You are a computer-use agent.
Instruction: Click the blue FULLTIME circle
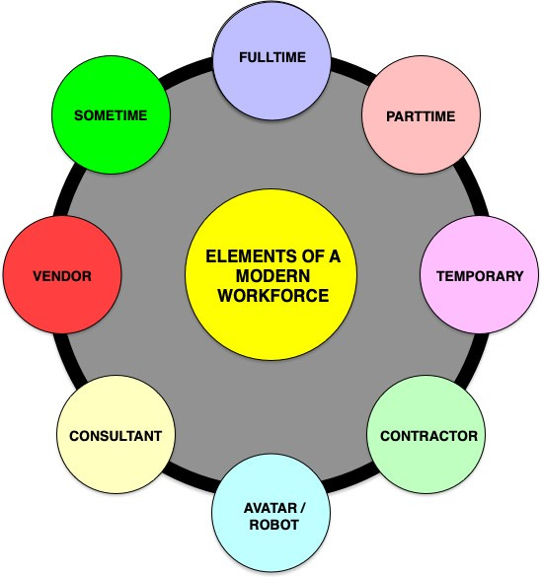pyautogui.click(x=271, y=57)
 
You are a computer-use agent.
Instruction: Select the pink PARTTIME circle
pyautogui.click(x=423, y=116)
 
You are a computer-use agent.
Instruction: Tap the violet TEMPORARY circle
pyautogui.click(x=480, y=276)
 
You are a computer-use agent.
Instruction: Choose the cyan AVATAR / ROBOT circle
pyautogui.click(x=271, y=516)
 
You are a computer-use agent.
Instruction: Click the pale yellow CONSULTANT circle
pyautogui.click(x=116, y=435)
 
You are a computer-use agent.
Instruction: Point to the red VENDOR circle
pyautogui.click(x=61, y=276)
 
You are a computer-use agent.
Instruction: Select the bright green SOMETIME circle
pyautogui.click(x=111, y=115)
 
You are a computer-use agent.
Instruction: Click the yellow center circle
pyautogui.click(x=271, y=276)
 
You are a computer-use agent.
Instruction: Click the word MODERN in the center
pyautogui.click(x=271, y=276)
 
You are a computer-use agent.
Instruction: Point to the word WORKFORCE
pyautogui.click(x=271, y=295)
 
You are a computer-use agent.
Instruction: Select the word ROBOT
pyautogui.click(x=271, y=526)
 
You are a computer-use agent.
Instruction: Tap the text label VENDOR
pyautogui.click(x=61, y=276)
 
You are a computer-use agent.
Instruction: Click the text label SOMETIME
pyautogui.click(x=111, y=115)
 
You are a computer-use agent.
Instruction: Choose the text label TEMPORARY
pyautogui.click(x=480, y=276)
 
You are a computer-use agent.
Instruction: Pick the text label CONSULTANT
pyautogui.click(x=116, y=435)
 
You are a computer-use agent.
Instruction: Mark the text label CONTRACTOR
pyautogui.click(x=428, y=435)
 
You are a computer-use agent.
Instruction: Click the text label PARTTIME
pyautogui.click(x=423, y=116)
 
